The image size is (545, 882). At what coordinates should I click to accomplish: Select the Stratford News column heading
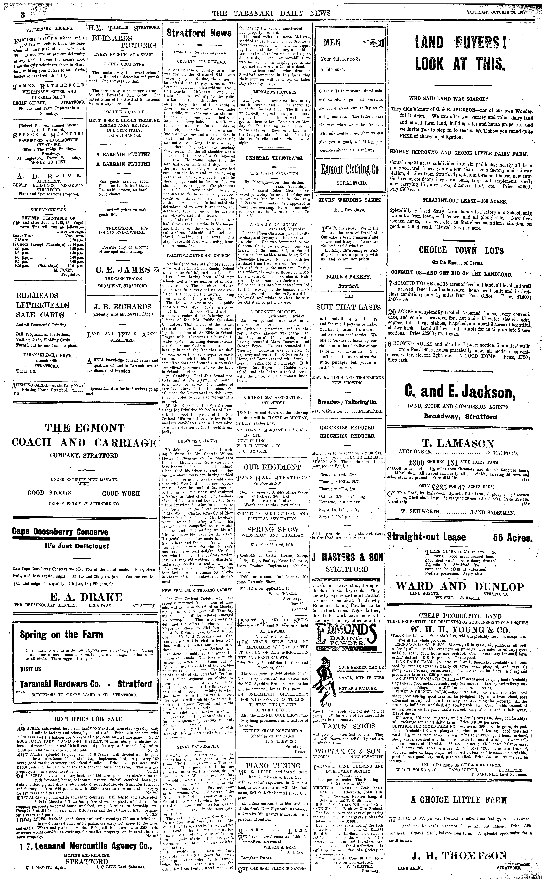[199, 33]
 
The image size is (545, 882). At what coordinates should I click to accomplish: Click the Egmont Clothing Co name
[350, 169]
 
